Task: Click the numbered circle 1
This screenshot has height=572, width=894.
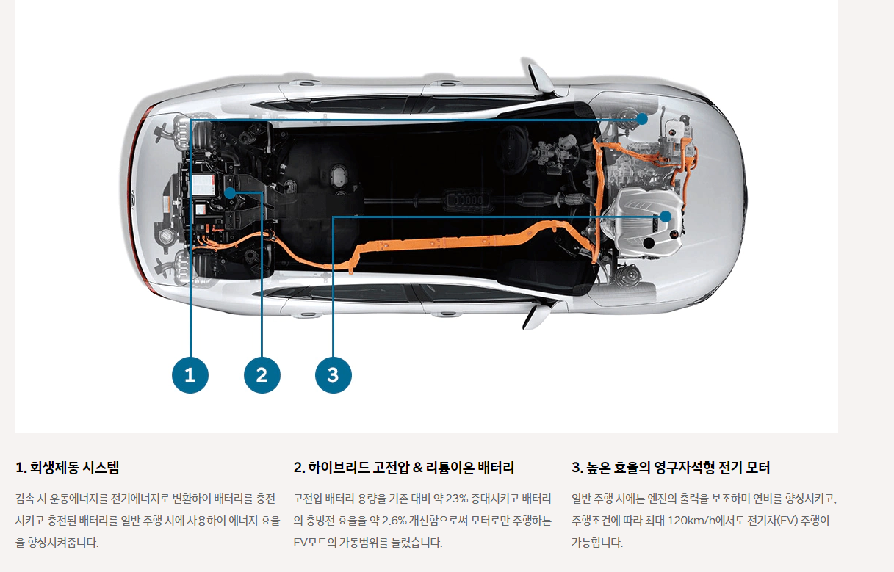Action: [x=190, y=375]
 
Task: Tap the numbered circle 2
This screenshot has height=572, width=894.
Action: [x=262, y=375]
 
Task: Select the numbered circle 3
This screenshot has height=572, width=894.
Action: [x=333, y=375]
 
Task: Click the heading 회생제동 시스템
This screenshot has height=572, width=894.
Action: [x=67, y=468]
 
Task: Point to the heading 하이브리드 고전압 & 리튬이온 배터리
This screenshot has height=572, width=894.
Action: [x=404, y=468]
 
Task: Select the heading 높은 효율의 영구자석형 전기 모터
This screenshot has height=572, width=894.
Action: [x=671, y=468]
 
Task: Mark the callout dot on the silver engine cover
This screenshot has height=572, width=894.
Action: [x=665, y=217]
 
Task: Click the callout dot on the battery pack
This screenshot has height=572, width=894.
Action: [x=230, y=193]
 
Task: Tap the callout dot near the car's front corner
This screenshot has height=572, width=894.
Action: [x=642, y=118]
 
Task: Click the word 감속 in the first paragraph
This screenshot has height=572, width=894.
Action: [x=24, y=499]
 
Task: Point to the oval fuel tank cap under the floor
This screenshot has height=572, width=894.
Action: [x=338, y=176]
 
